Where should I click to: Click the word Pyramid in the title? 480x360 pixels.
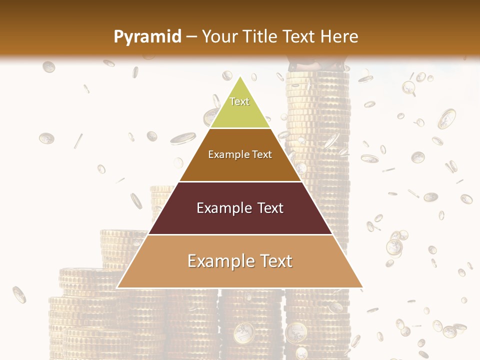click(x=147, y=37)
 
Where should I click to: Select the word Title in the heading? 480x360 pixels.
click(x=262, y=36)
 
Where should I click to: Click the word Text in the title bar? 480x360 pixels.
click(x=299, y=36)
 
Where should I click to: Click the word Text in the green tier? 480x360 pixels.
click(x=239, y=101)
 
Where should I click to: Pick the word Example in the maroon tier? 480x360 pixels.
click(x=223, y=208)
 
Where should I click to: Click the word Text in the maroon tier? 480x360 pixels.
click(x=270, y=208)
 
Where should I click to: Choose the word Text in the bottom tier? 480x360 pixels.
click(x=276, y=261)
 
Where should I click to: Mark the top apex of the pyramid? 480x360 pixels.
click(x=240, y=76)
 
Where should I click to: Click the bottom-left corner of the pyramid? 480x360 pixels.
click(x=117, y=287)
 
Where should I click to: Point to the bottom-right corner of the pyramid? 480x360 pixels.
click(x=363, y=287)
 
